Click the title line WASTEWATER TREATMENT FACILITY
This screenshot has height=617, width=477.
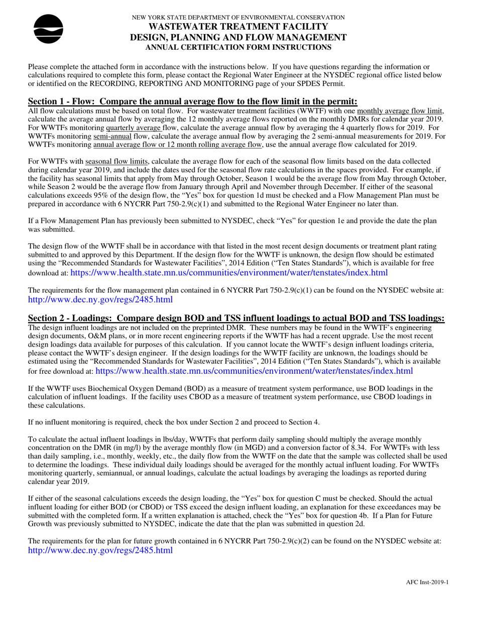click(x=238, y=27)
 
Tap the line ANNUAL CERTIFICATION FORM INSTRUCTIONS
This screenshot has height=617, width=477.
click(x=238, y=47)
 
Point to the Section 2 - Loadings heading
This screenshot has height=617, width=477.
click(x=236, y=318)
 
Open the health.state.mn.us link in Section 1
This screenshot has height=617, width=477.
click(x=229, y=273)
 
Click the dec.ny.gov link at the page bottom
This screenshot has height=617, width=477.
click(x=100, y=550)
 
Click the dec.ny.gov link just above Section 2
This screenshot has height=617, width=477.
click(x=100, y=299)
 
